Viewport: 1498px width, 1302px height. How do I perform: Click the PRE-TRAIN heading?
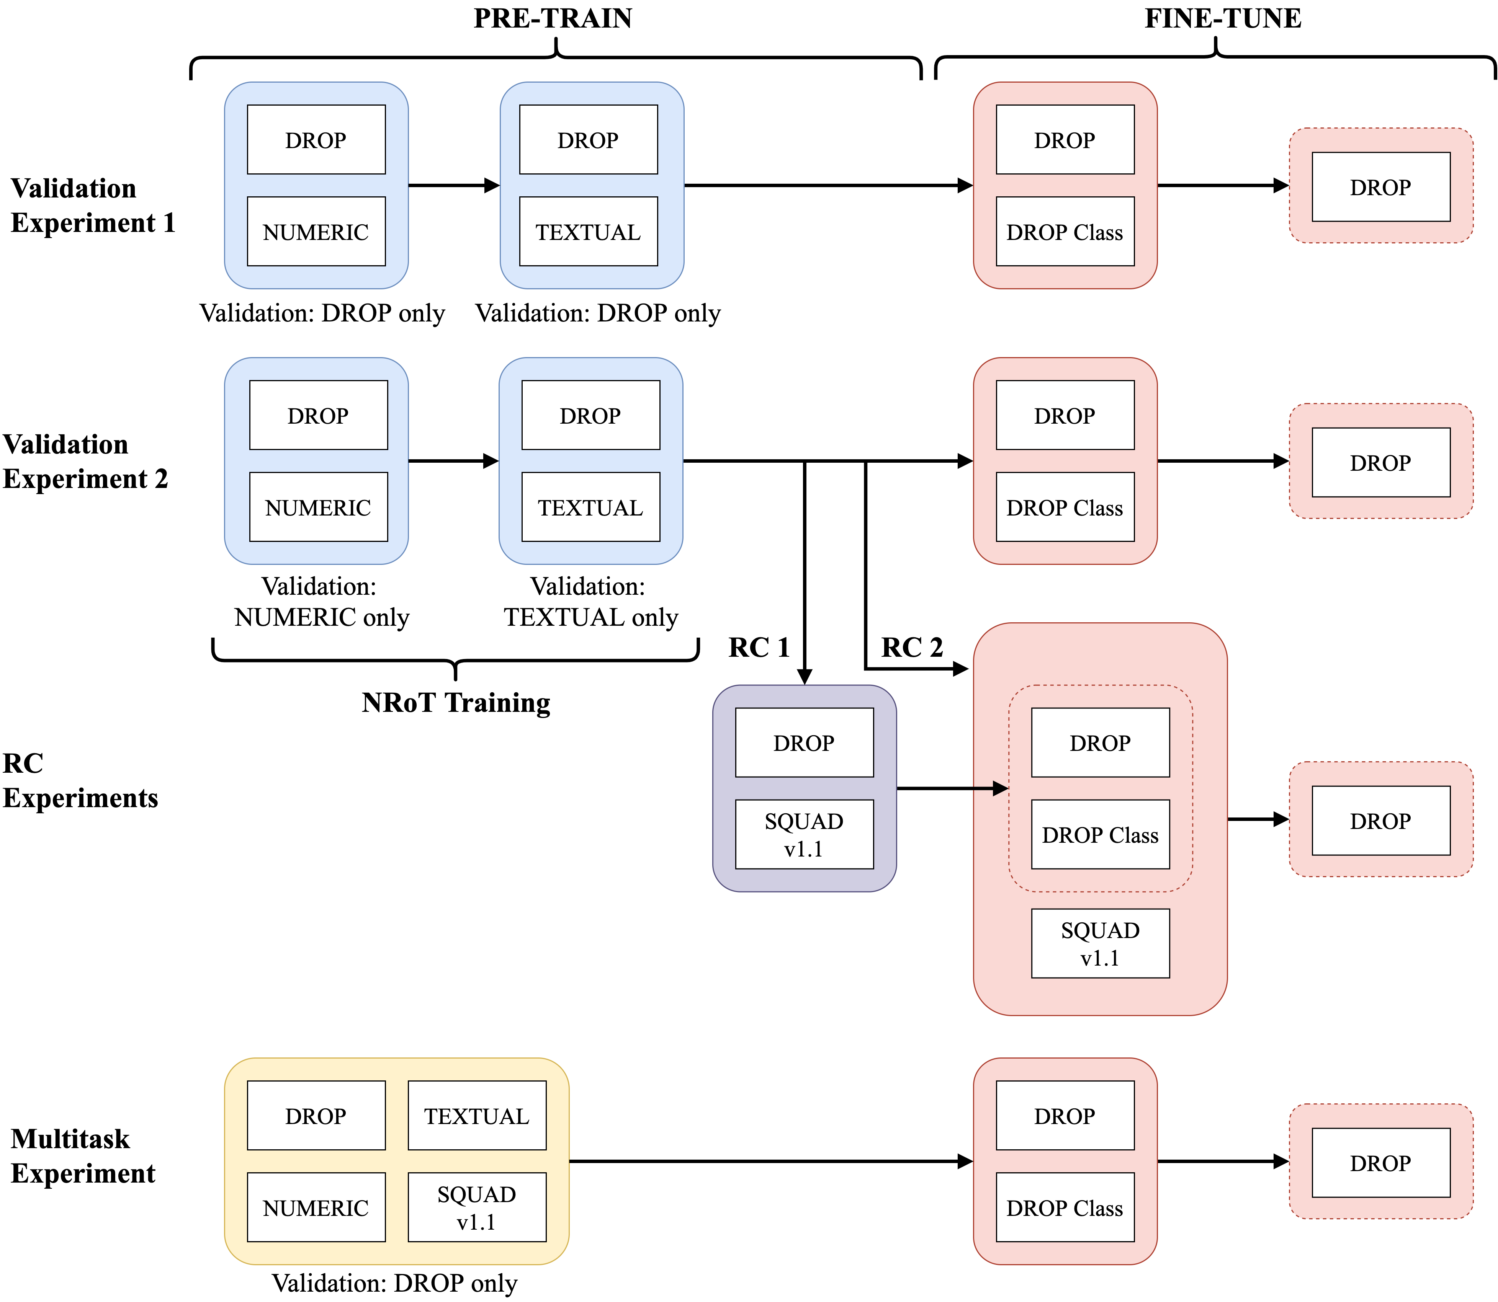(553, 18)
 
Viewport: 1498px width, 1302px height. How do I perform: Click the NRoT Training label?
(456, 703)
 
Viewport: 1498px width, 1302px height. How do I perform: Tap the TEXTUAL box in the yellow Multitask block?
(477, 1115)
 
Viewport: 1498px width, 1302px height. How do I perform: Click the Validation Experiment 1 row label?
(93, 205)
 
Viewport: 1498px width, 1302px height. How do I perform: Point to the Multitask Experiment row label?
(83, 1155)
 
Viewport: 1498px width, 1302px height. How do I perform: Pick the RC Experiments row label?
(80, 780)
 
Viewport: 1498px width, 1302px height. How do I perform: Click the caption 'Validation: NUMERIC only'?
(321, 602)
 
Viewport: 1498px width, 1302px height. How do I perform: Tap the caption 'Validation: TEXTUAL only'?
(591, 602)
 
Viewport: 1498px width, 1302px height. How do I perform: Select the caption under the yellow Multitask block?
(395, 1283)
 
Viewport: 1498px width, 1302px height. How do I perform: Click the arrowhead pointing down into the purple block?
(805, 676)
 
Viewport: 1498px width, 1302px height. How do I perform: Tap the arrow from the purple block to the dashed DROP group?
(952, 788)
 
